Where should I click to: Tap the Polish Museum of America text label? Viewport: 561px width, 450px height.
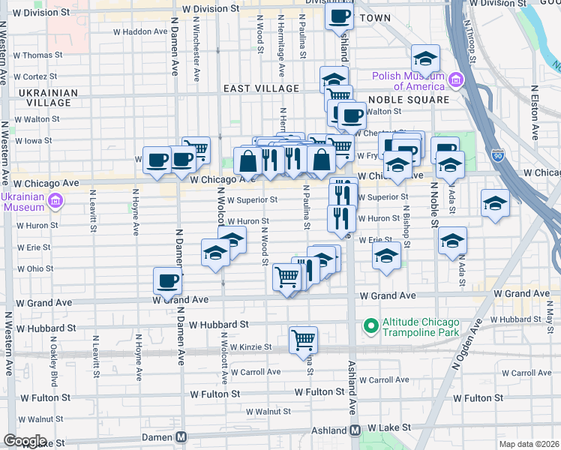click(409, 80)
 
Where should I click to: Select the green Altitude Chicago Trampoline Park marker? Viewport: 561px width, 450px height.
click(370, 326)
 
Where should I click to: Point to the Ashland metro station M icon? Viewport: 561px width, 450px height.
click(355, 429)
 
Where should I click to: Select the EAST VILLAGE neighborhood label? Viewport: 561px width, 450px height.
click(261, 88)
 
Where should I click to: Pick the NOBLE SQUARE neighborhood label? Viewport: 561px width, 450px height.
click(419, 99)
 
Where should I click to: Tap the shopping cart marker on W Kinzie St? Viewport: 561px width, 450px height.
click(303, 339)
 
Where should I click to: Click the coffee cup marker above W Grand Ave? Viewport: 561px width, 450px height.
click(167, 280)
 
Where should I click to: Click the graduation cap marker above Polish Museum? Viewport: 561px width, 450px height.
click(425, 58)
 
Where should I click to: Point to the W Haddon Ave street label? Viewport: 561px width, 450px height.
click(139, 32)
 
